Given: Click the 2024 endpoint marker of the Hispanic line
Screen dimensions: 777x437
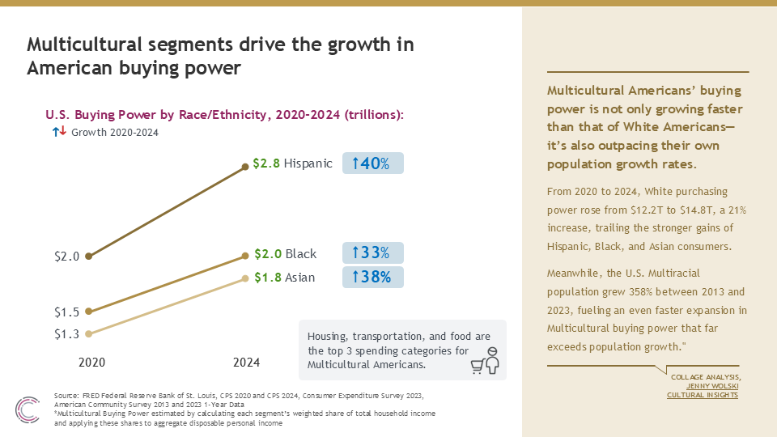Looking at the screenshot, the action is [x=244, y=167].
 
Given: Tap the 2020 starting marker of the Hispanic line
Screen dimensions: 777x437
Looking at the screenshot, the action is [x=89, y=257].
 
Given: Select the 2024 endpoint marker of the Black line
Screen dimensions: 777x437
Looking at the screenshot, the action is [x=244, y=256].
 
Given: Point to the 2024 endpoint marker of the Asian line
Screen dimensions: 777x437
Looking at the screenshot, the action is [x=244, y=278].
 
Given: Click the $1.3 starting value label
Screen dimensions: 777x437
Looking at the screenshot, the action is [x=67, y=334].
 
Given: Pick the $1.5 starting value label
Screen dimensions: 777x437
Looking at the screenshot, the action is [x=67, y=312].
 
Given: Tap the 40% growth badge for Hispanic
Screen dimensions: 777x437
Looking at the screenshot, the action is [x=372, y=163].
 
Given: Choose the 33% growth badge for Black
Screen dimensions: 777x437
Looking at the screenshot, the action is [x=372, y=252].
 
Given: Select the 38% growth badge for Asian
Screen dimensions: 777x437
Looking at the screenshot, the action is [x=372, y=277].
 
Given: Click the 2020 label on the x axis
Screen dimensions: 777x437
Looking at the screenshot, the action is [x=91, y=363].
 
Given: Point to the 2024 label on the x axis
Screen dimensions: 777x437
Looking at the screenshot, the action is [x=246, y=363].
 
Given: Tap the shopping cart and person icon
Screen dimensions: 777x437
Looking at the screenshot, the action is [x=485, y=360].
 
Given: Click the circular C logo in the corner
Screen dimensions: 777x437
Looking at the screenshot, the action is [x=28, y=409].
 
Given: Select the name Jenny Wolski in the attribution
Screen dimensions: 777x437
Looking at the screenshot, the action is [x=712, y=386].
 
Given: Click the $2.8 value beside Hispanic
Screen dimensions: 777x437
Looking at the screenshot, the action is [x=266, y=163].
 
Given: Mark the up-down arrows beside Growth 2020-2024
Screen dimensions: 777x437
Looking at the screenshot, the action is [x=59, y=131].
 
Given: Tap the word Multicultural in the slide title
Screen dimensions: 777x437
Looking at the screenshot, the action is [x=85, y=45].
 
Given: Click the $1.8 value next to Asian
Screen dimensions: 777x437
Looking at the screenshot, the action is [x=268, y=278].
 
